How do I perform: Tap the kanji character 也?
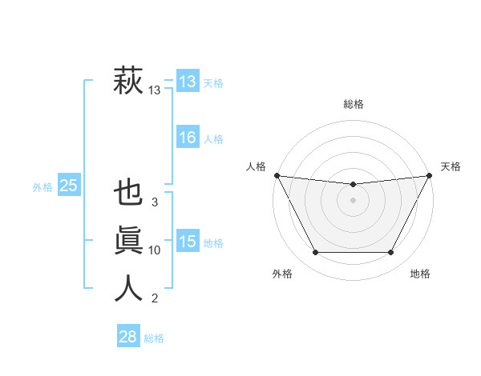click(129, 194)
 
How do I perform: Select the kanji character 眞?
click(129, 241)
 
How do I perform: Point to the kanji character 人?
click(129, 287)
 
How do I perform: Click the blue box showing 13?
click(187, 82)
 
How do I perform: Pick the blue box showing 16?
click(187, 138)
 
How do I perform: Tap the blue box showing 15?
click(187, 241)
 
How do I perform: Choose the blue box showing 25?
click(68, 186)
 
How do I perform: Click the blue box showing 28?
click(127, 337)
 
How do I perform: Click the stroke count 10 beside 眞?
click(155, 250)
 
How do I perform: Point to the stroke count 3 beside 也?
click(155, 202)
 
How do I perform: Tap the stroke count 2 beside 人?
click(155, 298)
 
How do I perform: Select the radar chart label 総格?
click(353, 104)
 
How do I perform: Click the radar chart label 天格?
click(451, 166)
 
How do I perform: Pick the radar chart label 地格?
click(420, 274)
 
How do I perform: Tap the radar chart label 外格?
click(282, 274)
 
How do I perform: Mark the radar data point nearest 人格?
click(277, 175)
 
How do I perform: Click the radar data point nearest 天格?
click(429, 175)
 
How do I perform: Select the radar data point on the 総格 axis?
click(353, 185)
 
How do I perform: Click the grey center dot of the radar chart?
click(353, 200)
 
